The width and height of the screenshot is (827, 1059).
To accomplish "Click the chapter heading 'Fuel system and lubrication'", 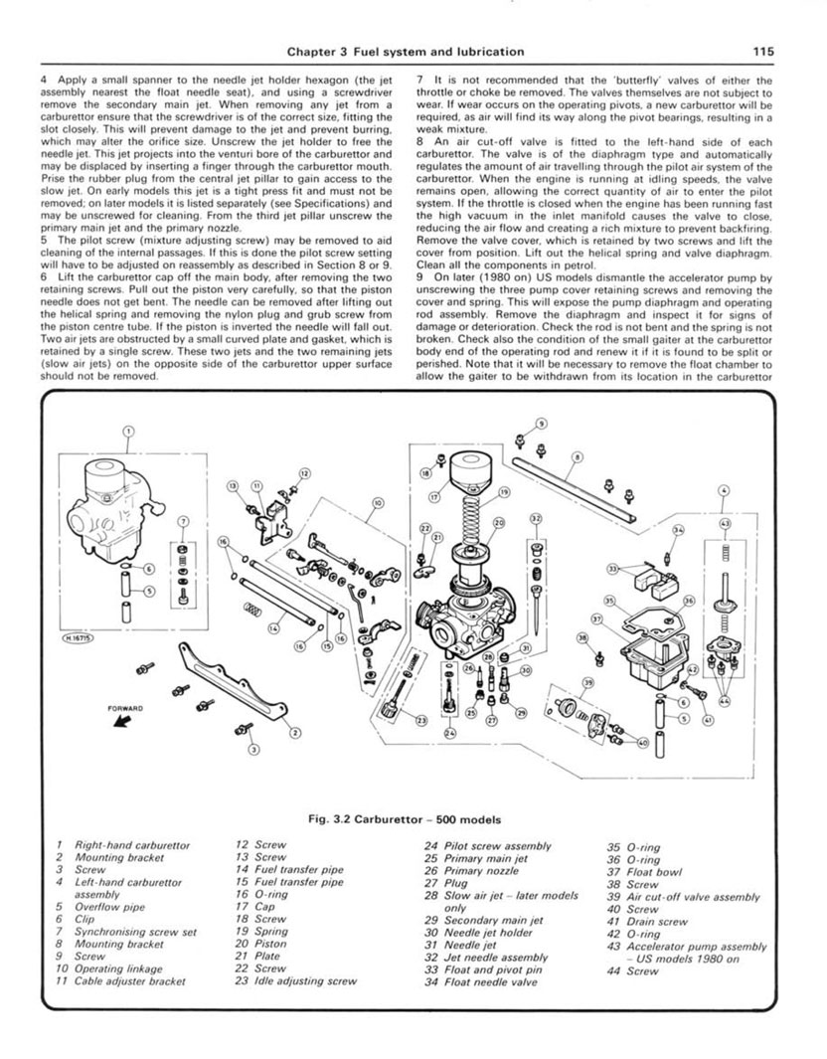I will pos(417,51).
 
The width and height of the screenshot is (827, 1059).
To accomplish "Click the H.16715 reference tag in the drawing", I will pos(75,639).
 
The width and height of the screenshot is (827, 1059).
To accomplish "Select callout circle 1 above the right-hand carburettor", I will pos(126,432).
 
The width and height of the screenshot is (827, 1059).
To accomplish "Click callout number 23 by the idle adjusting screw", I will pos(421,720).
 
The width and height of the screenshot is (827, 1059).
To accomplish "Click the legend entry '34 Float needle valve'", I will pos(480,980).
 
